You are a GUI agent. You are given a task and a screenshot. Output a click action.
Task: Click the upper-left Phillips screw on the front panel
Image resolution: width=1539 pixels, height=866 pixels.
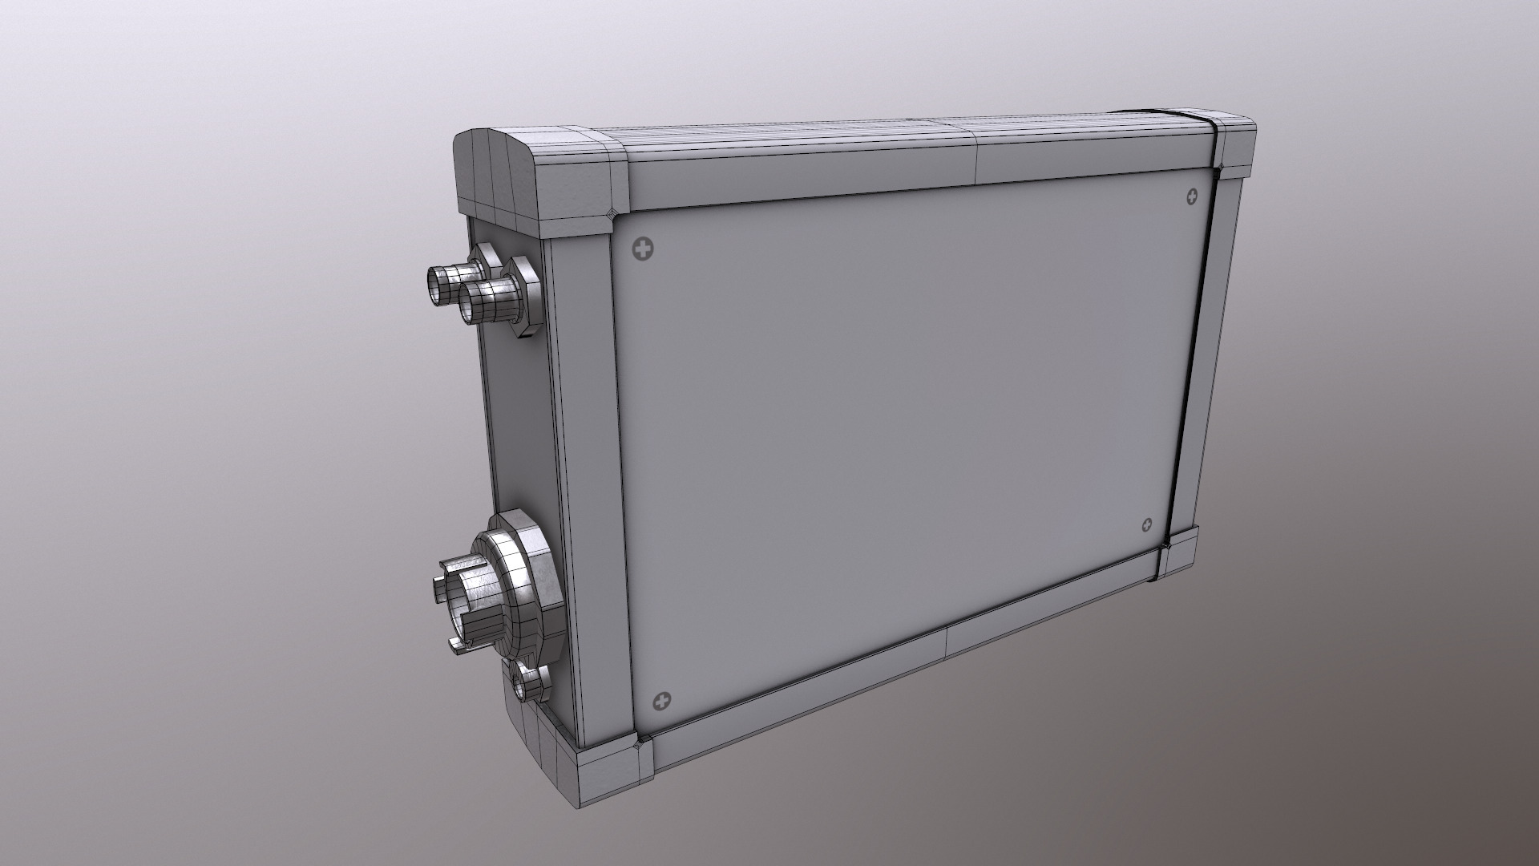pyautogui.click(x=643, y=250)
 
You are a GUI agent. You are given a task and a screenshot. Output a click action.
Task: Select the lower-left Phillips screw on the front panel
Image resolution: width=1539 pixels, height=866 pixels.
pyautogui.click(x=662, y=702)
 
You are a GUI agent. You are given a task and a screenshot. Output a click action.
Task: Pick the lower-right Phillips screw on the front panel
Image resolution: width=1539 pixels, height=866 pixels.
pyautogui.click(x=1147, y=525)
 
